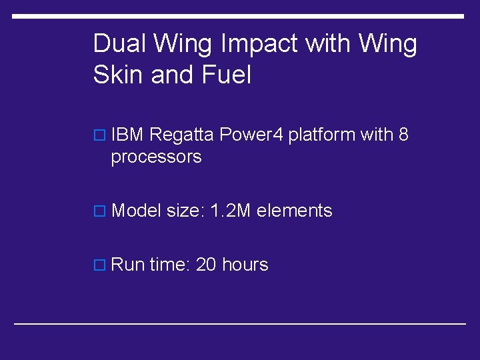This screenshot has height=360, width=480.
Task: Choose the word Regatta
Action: (181, 135)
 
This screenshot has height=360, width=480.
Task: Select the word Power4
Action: (252, 135)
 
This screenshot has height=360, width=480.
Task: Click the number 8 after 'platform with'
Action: (403, 135)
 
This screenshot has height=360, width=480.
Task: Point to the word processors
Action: (156, 158)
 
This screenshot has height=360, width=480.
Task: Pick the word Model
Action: (136, 211)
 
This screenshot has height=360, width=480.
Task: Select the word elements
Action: (294, 211)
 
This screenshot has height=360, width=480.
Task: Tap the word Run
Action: (128, 265)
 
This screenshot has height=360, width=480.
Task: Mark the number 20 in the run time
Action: (206, 265)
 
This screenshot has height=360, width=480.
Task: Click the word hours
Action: (245, 265)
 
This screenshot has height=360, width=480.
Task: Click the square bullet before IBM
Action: (100, 136)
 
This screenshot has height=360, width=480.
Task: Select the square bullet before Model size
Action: (100, 212)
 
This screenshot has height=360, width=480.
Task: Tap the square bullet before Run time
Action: (100, 265)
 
